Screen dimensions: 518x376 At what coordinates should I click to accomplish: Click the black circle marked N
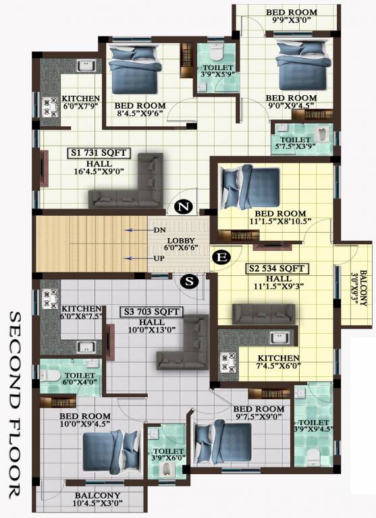point(182,208)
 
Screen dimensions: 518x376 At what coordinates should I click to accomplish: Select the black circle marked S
point(191,282)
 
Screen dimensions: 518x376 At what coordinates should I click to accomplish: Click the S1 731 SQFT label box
point(99,154)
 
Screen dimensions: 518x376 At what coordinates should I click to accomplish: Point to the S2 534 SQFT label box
point(276,268)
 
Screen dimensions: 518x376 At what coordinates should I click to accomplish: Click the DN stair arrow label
point(159,231)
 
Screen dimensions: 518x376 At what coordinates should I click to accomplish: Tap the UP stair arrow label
point(159,259)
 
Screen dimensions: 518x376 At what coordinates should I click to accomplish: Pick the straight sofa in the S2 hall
point(263,314)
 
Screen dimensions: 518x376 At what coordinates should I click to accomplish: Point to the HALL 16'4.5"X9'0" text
point(99,168)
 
